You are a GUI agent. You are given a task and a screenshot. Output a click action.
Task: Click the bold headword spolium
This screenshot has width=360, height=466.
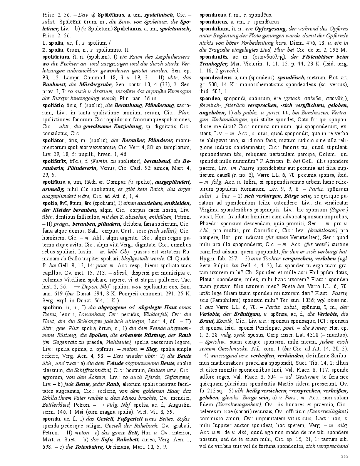(52, 308)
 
